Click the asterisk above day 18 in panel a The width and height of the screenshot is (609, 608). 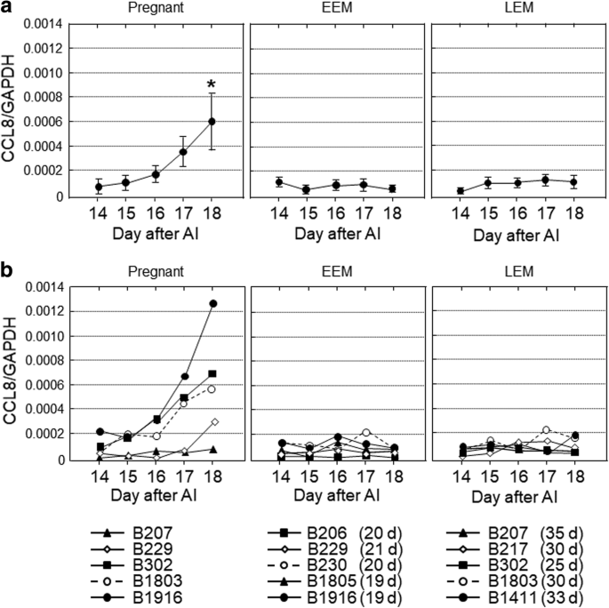click(212, 85)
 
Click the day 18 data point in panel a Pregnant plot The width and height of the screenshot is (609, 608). click(212, 122)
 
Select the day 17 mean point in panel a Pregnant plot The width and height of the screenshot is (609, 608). click(183, 152)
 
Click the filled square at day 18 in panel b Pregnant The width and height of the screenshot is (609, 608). click(212, 373)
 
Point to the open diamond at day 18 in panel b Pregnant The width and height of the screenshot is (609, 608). click(212, 421)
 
